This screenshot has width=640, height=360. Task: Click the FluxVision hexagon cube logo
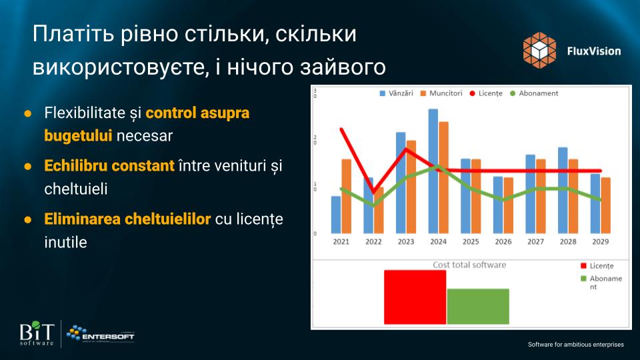[539, 50]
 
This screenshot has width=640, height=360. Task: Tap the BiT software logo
[37, 333]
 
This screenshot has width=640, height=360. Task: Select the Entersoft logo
[101, 334]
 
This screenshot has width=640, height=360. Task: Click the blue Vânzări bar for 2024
[433, 171]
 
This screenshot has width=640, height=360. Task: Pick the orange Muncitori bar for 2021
[346, 196]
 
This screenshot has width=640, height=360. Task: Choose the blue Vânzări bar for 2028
[563, 190]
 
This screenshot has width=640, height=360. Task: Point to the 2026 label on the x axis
[503, 241]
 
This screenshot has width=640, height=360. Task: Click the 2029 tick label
[600, 241]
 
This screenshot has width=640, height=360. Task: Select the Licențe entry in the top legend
[486, 93]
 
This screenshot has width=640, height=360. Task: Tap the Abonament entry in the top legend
[534, 93]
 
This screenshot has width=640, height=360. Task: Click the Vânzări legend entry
[396, 93]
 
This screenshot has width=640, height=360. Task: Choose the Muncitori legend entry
[441, 93]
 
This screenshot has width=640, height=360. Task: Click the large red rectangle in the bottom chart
[415, 297]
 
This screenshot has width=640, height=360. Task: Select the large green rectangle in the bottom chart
[478, 307]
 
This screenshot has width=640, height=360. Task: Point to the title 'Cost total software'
[469, 265]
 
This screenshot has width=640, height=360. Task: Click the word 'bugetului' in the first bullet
[78, 136]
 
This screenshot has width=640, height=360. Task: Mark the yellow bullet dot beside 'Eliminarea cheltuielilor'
[28, 219]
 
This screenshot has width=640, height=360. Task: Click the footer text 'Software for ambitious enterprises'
[576, 345]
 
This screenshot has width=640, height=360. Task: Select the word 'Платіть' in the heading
[73, 34]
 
